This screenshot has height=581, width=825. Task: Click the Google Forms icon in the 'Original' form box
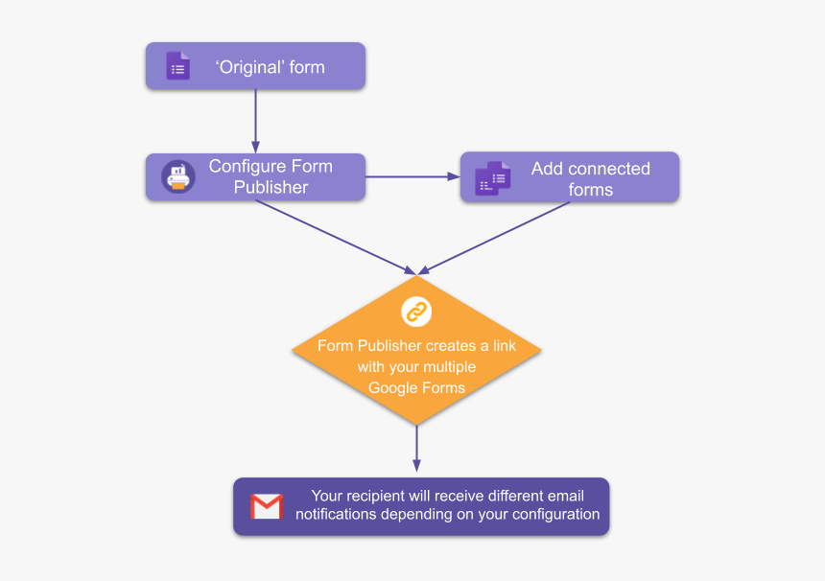(177, 66)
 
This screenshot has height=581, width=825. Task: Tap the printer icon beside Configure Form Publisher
(177, 177)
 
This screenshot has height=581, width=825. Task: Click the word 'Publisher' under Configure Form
(271, 187)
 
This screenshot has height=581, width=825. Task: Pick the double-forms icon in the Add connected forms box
(492, 177)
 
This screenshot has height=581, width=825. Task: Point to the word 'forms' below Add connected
(590, 190)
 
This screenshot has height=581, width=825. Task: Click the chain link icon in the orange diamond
(416, 311)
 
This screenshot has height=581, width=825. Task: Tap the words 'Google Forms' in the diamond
(416, 387)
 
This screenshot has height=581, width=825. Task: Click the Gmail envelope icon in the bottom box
(267, 505)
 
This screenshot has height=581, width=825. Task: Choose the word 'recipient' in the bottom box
(394, 496)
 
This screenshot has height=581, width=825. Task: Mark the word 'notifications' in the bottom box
(336, 515)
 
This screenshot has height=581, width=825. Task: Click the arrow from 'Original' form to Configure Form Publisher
(255, 121)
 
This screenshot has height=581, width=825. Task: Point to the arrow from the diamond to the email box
(416, 449)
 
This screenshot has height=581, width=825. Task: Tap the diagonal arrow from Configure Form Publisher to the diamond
(336, 237)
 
